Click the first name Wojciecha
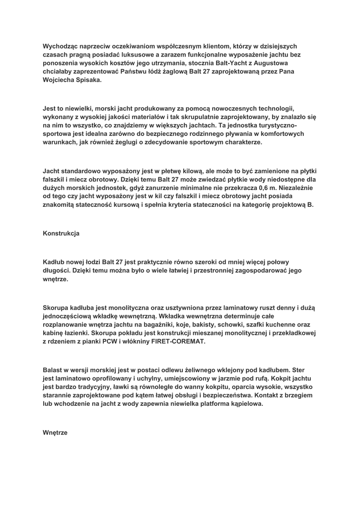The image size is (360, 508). coord(58,80)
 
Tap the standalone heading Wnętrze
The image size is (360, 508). coord(55,433)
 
